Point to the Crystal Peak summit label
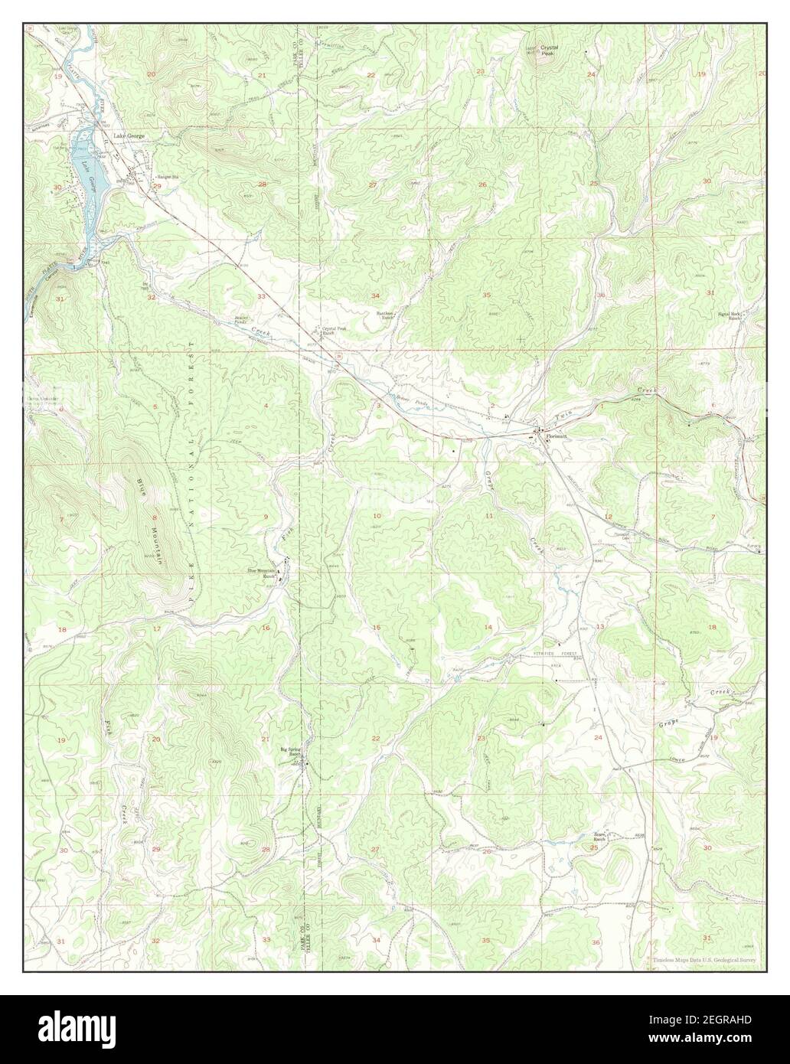point(549,50)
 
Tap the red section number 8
point(154,518)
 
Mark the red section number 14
point(487,628)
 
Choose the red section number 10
point(377,517)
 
